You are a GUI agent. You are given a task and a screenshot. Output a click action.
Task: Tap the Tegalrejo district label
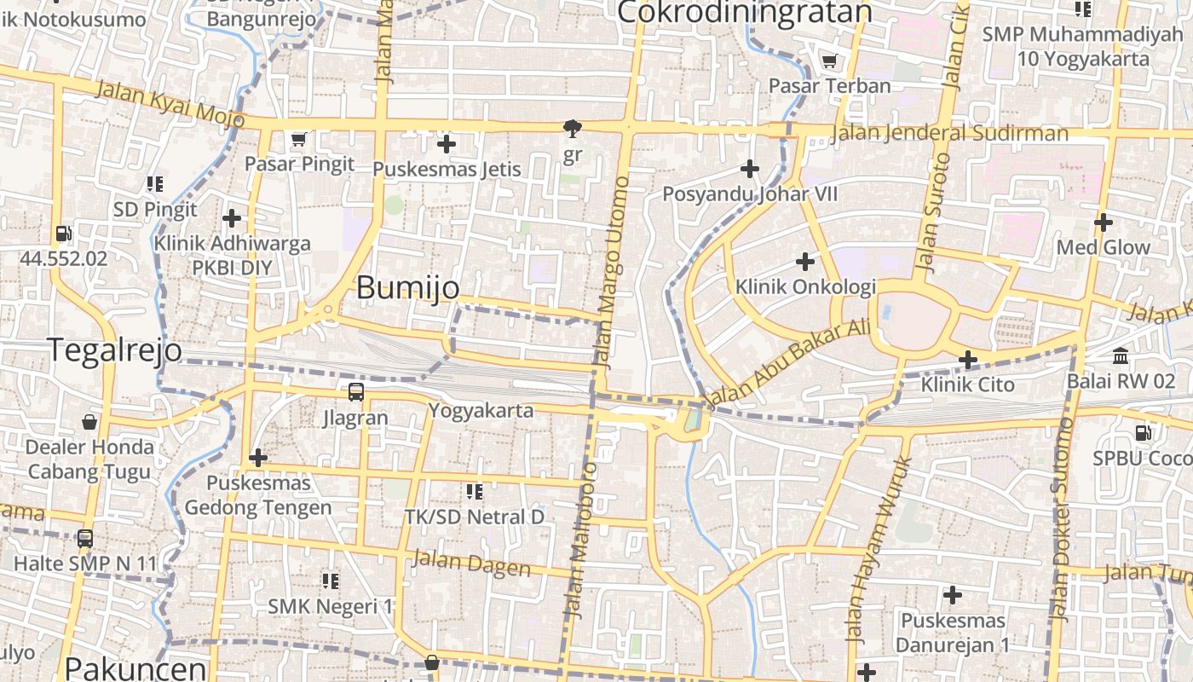114,350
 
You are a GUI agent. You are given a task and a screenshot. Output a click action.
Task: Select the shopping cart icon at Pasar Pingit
298,139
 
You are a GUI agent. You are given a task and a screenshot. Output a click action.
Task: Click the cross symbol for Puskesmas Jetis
446,144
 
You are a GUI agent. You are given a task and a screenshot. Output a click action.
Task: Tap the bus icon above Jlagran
355,392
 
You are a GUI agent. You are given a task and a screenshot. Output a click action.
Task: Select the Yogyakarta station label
481,410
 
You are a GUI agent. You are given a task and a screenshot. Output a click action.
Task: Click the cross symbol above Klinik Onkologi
804,261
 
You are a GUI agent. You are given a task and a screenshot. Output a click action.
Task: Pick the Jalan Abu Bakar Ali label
788,361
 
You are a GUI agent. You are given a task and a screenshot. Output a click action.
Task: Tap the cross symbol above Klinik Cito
967,360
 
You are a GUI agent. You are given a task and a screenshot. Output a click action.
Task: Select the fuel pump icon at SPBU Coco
1144,433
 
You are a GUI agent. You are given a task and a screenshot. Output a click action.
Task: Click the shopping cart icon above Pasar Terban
828,61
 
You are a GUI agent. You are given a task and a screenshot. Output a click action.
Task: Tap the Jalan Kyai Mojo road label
170,103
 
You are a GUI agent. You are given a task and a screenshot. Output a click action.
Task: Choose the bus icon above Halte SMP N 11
84,539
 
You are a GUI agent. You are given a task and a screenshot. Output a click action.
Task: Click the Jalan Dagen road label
470,563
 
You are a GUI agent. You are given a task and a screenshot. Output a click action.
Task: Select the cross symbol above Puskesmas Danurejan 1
952,595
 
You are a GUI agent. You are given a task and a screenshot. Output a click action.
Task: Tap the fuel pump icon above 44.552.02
63,234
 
